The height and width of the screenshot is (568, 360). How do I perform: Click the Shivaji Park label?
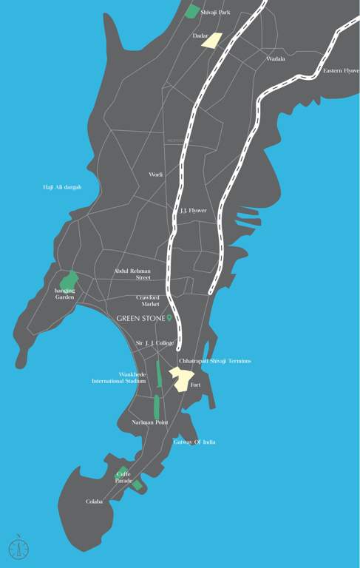click(x=214, y=13)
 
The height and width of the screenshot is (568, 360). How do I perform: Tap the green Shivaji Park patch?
click(x=192, y=11)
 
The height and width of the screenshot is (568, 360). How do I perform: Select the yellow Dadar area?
click(x=212, y=40)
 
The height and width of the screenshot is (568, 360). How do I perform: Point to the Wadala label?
click(x=276, y=58)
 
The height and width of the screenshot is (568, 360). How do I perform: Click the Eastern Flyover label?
click(x=341, y=70)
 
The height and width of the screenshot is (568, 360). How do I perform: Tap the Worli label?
click(x=156, y=175)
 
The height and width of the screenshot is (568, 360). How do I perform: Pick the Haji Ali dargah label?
click(x=62, y=187)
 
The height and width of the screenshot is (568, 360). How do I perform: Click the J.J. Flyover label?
click(x=194, y=211)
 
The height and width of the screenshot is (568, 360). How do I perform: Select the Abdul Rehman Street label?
click(x=133, y=274)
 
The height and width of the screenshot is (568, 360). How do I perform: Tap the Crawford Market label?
click(x=148, y=300)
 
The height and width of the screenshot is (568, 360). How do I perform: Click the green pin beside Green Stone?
click(x=169, y=318)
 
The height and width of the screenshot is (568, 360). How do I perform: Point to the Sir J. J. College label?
click(x=154, y=343)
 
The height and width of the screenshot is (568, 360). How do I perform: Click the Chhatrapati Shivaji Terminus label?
click(x=215, y=361)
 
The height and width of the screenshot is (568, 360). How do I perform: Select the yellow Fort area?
click(x=180, y=378)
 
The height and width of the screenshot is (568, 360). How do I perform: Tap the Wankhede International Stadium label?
click(x=119, y=378)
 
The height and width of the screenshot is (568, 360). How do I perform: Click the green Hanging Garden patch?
click(x=69, y=280)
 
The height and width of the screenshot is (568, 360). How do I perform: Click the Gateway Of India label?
click(x=194, y=442)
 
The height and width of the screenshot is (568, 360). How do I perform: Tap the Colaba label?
click(x=94, y=501)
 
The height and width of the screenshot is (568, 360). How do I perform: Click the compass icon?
click(x=18, y=548)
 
